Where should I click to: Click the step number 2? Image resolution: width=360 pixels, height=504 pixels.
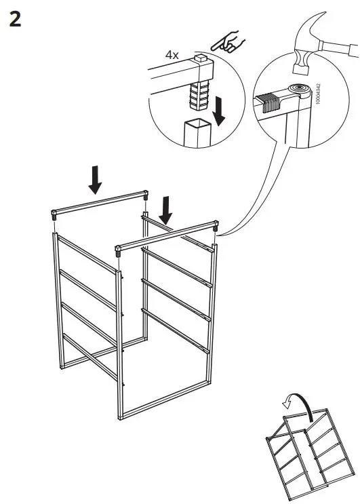pos(15,18)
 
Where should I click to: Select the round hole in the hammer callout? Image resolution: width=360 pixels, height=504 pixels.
pos(297,88)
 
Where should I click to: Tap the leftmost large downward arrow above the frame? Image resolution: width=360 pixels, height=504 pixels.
pos(96,180)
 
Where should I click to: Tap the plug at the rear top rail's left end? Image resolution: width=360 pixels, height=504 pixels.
pos(53,216)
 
